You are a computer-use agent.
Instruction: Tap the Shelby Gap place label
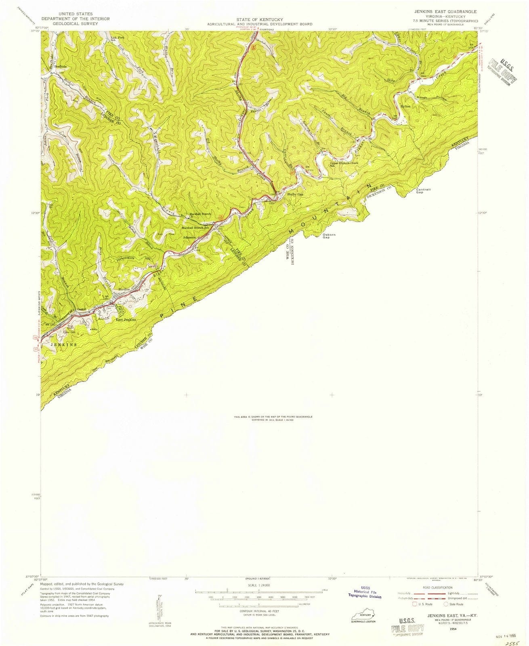pyautogui.click(x=295, y=194)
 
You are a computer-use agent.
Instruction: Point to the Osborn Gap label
pyautogui.click(x=329, y=236)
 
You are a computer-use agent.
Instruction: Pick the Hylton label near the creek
pyautogui.click(x=405, y=106)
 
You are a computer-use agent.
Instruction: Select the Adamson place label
pyautogui.click(x=189, y=238)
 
